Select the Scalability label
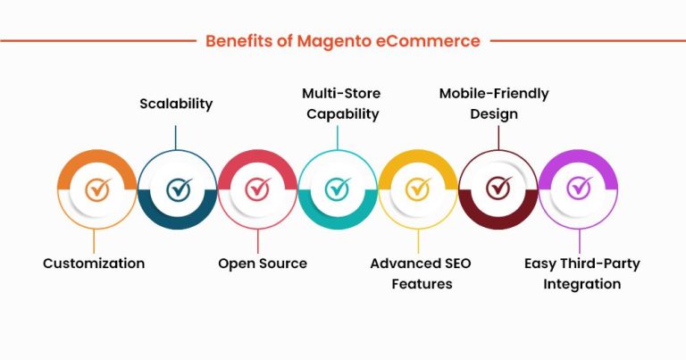tap(176, 104)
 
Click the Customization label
tap(94, 264)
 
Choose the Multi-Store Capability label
tap(339, 103)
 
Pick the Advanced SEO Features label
tap(420, 273)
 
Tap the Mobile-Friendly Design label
tap(493, 103)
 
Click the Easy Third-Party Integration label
tap(581, 273)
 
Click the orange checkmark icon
tap(97, 188)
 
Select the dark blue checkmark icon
tap(179, 188)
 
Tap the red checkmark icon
tap(258, 188)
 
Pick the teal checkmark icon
tap(338, 188)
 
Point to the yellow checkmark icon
tap(418, 188)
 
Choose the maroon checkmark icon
tap(498, 188)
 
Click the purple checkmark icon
tap(579, 188)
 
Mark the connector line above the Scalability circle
tap(176, 137)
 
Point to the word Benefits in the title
tap(236, 41)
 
